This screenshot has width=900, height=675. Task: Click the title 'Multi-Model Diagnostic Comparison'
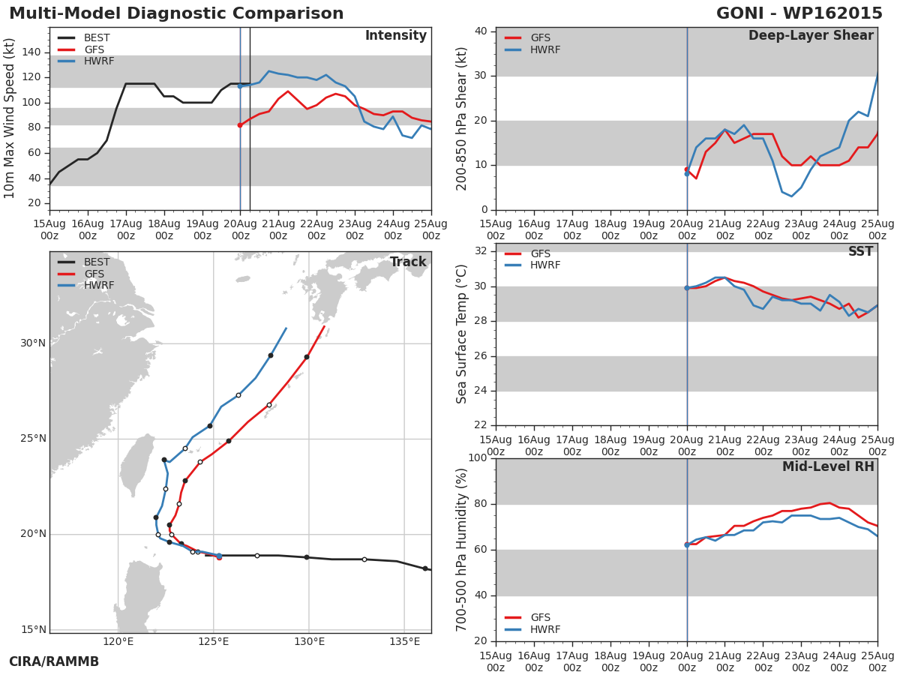[176, 14]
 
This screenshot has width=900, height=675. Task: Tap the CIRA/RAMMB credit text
[54, 661]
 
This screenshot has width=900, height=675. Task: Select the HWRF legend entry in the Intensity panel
[98, 61]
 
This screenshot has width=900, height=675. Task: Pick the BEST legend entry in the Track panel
[96, 262]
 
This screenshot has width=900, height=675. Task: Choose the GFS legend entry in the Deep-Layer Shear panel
[540, 38]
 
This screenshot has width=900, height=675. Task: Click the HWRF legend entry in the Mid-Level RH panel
[545, 629]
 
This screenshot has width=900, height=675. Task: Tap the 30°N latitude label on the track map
[33, 343]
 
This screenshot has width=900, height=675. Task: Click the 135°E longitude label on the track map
[404, 641]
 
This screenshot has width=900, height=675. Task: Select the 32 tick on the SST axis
[480, 251]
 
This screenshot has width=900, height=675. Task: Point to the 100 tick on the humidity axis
[477, 458]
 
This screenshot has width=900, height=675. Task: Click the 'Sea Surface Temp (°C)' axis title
[462, 334]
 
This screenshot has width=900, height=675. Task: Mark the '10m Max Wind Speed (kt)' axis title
[10, 118]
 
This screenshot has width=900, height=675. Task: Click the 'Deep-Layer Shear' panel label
[811, 36]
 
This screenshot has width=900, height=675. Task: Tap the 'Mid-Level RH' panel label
[828, 467]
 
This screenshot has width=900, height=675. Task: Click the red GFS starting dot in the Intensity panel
[240, 125]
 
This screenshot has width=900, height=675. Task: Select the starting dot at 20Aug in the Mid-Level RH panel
[687, 544]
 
